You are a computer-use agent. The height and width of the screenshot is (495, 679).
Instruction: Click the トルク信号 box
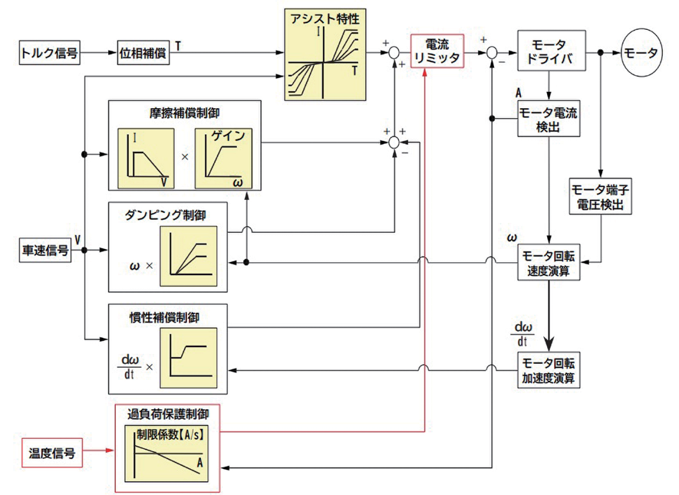tap(49, 54)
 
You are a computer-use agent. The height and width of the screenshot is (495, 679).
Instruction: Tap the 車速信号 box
tap(44, 250)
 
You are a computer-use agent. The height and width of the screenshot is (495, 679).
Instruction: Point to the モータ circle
tap(641, 54)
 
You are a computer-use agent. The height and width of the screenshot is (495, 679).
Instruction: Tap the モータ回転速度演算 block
tap(549, 262)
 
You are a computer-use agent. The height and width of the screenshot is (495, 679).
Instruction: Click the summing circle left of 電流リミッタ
tap(394, 54)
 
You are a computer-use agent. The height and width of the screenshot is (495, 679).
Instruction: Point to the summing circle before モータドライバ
tap(490, 54)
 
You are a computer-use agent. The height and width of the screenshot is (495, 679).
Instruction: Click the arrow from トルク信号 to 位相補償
tap(98, 54)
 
